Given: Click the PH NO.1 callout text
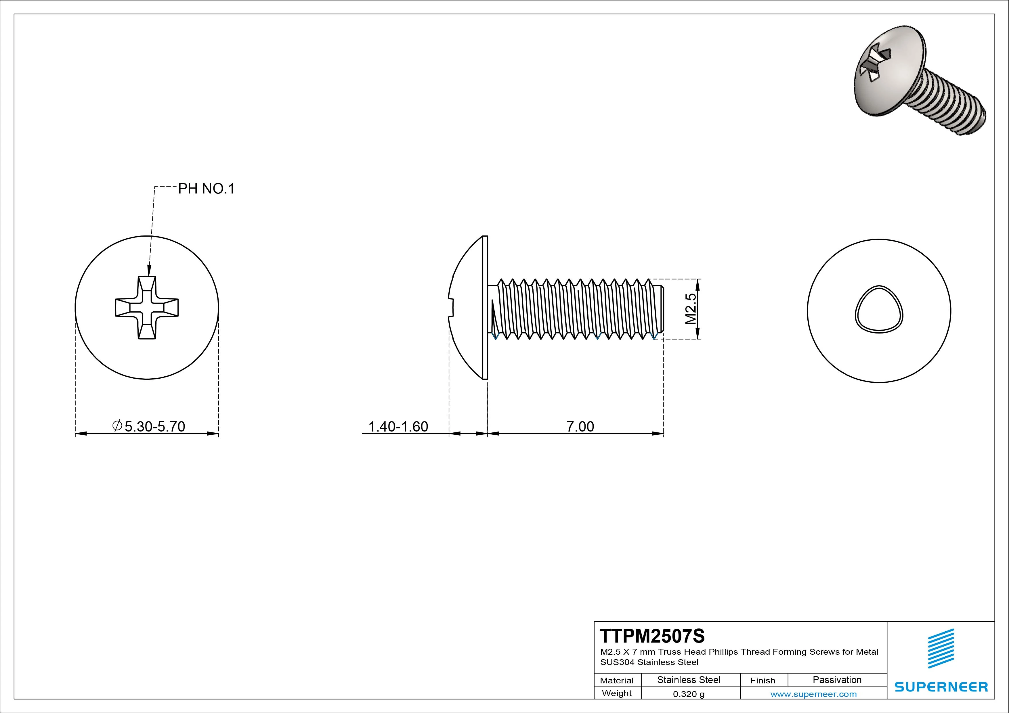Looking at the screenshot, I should [x=206, y=189].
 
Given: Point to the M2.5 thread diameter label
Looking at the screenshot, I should [x=691, y=309].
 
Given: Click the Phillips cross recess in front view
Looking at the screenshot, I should [x=147, y=308].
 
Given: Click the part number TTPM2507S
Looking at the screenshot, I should [x=652, y=636].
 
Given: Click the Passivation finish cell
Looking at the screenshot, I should [x=837, y=680].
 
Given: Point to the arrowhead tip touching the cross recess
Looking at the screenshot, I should [x=149, y=275].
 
